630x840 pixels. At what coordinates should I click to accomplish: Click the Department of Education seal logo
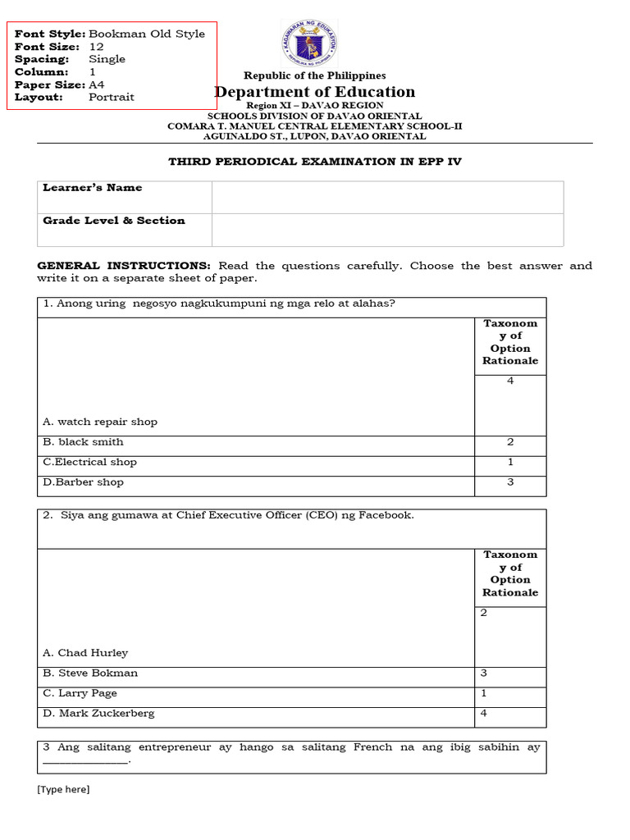coord(309,45)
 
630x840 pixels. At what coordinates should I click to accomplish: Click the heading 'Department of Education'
coord(315,92)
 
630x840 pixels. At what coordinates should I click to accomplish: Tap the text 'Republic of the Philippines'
coord(315,75)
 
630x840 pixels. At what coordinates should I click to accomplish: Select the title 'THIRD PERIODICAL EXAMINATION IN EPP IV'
coord(315,162)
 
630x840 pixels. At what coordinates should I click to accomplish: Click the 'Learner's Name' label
coord(92,188)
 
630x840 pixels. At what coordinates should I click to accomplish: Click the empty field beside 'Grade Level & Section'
coord(387,230)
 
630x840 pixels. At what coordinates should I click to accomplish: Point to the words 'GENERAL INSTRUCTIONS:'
coord(124,266)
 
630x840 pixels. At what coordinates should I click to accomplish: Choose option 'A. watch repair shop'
coord(99,422)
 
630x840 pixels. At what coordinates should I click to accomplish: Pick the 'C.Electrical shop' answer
coord(89,462)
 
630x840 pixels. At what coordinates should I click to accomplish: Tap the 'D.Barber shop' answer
coord(83,482)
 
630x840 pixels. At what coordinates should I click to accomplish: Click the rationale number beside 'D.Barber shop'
coord(510,482)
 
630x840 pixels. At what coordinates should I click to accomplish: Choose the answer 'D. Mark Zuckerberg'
coord(98,714)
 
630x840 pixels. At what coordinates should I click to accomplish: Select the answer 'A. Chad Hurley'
coord(85,653)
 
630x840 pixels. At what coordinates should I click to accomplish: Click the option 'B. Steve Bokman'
coord(90,673)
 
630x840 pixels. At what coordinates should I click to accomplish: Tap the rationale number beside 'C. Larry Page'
coord(484,693)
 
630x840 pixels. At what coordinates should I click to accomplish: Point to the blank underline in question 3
coord(85,760)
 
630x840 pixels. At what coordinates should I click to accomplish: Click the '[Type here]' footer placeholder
coord(63,789)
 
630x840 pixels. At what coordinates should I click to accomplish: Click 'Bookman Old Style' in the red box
coord(146,34)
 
